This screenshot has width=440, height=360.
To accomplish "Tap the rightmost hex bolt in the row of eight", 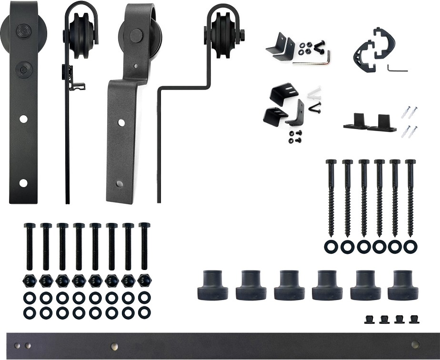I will tap(143, 245).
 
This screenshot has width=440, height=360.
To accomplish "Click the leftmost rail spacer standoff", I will tap(212, 284).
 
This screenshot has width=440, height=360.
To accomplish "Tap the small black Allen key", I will tap(397, 69).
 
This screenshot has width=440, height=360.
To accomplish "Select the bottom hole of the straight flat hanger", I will tap(23, 182).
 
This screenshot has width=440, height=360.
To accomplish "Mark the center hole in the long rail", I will tap(115, 346).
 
